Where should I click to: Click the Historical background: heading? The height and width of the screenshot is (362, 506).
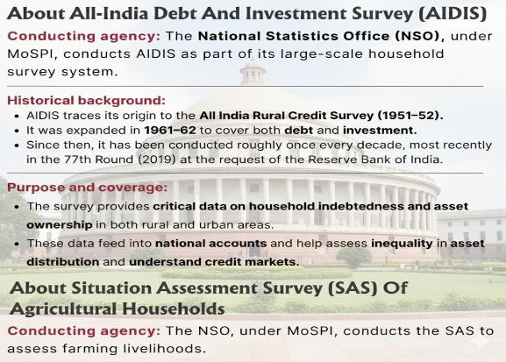point(86,100)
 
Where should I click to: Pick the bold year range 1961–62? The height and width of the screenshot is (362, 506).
point(170,130)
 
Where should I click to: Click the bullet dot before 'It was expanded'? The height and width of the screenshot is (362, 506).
point(18,131)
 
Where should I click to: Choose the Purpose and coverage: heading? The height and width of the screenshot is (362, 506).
point(88,188)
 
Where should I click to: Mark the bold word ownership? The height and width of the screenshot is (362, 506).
point(60,225)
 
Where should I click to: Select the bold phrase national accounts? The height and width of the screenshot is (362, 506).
point(211,244)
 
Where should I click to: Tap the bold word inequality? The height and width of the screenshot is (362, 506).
point(402,244)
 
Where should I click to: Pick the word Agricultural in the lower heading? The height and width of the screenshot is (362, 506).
point(63,309)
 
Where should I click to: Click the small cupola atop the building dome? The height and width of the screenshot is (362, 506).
point(253,73)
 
